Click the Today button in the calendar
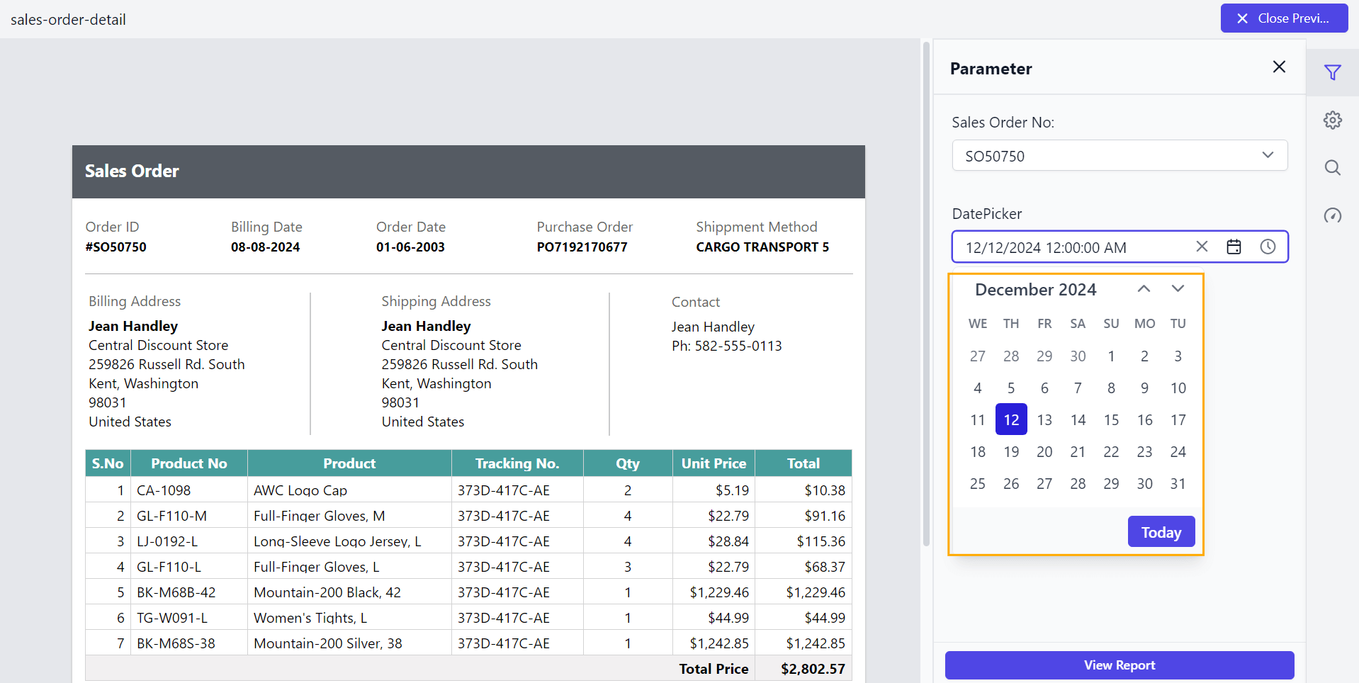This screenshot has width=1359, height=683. click(x=1161, y=532)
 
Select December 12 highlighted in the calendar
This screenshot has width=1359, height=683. click(x=1011, y=420)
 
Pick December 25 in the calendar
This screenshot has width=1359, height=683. click(x=977, y=484)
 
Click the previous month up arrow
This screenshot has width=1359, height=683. click(x=1144, y=289)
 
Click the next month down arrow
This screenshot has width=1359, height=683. click(x=1178, y=289)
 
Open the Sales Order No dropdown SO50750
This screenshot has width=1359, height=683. click(x=1120, y=156)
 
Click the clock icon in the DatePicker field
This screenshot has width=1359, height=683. click(x=1268, y=247)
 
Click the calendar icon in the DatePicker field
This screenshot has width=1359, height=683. click(x=1234, y=247)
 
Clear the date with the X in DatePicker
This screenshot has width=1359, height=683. click(x=1202, y=247)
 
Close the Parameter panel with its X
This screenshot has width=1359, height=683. click(x=1279, y=67)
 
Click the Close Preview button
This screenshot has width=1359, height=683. click(x=1284, y=18)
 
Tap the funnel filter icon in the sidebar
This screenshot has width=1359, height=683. click(x=1332, y=72)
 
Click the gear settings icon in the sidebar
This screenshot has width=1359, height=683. click(x=1332, y=120)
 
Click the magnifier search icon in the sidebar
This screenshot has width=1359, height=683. click(x=1332, y=168)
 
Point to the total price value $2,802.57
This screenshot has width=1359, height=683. click(x=813, y=669)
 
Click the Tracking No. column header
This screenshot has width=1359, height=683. click(x=517, y=463)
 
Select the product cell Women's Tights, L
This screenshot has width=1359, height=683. click(x=310, y=618)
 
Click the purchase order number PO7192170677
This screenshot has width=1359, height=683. click(x=582, y=247)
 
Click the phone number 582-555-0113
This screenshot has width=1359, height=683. click(x=738, y=346)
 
